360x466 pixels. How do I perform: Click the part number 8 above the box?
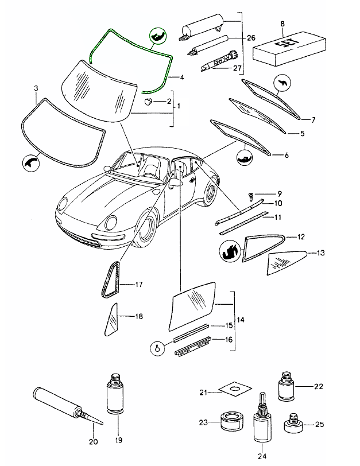coord(282,24)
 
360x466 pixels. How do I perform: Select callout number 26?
coord(250,38)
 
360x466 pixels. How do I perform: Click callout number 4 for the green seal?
coord(181,77)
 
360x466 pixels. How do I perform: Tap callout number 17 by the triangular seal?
coord(138,284)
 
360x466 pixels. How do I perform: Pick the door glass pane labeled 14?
coord(192,305)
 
